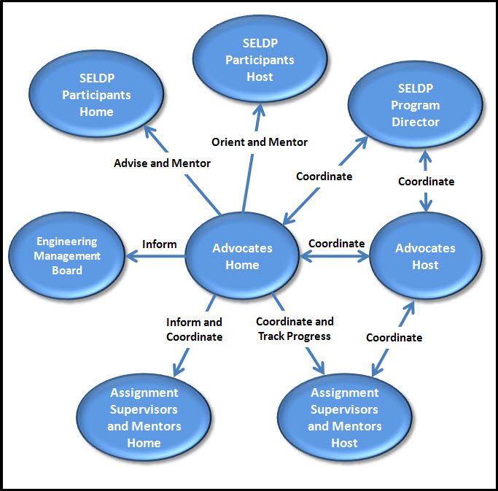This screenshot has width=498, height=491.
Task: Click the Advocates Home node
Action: click(x=242, y=256)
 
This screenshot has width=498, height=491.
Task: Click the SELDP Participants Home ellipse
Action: click(x=97, y=96)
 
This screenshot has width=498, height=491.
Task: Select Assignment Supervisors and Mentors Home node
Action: click(x=144, y=417)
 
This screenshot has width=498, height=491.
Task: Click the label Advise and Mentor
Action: click(x=162, y=163)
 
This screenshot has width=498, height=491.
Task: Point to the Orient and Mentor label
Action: click(x=260, y=142)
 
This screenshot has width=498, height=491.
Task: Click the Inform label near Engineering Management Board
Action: click(x=160, y=244)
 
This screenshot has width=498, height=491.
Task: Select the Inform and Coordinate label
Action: click(x=194, y=329)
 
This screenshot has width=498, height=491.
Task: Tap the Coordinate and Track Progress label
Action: click(x=295, y=328)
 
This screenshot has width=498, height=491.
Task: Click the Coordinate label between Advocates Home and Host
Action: click(x=336, y=243)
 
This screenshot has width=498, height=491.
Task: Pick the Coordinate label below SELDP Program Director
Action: click(x=426, y=181)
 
